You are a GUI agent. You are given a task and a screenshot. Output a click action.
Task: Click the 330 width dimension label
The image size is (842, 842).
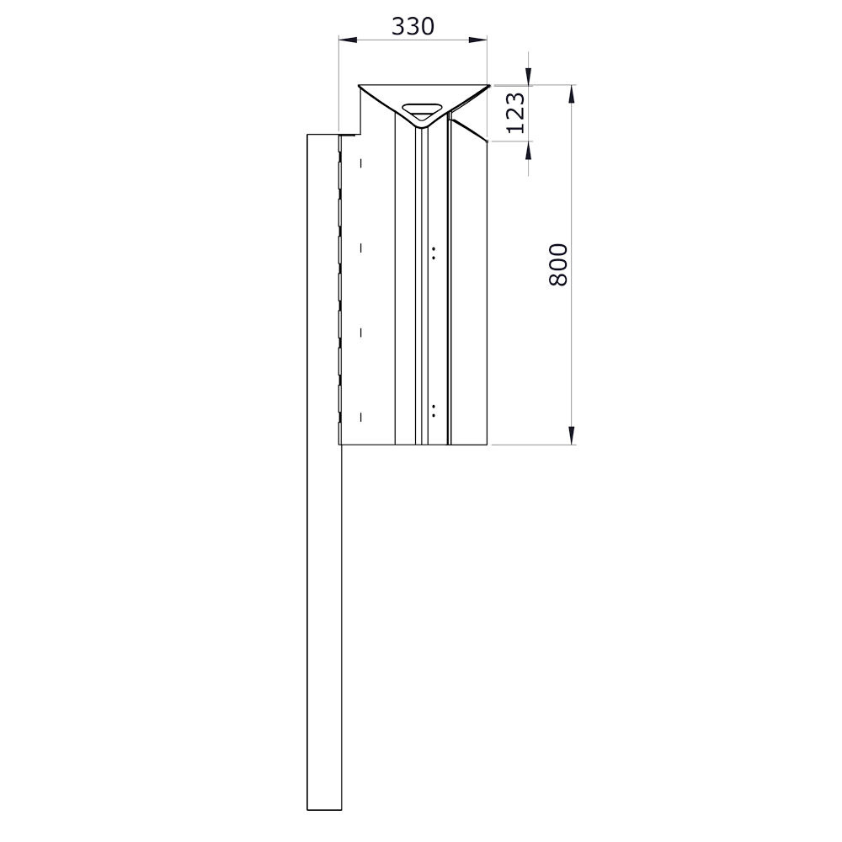pos(413,26)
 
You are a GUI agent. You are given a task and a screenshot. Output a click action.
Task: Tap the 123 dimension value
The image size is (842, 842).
pos(515,113)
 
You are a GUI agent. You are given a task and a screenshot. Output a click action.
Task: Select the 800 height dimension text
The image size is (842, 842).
pos(558,264)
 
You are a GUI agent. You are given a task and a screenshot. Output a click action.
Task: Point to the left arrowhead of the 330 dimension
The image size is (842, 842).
pos(348,40)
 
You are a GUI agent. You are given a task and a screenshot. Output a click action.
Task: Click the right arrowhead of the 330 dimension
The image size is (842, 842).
pos(478,40)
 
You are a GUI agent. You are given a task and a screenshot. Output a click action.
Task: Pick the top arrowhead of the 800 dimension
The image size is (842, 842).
pos(572,94)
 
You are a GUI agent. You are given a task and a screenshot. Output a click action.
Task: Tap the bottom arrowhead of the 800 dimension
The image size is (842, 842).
pos(572,435)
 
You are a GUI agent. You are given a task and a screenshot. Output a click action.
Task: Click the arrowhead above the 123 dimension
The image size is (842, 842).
pos(529,76)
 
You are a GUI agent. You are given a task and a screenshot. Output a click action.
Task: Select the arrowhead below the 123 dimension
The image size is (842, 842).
pos(529,151)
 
